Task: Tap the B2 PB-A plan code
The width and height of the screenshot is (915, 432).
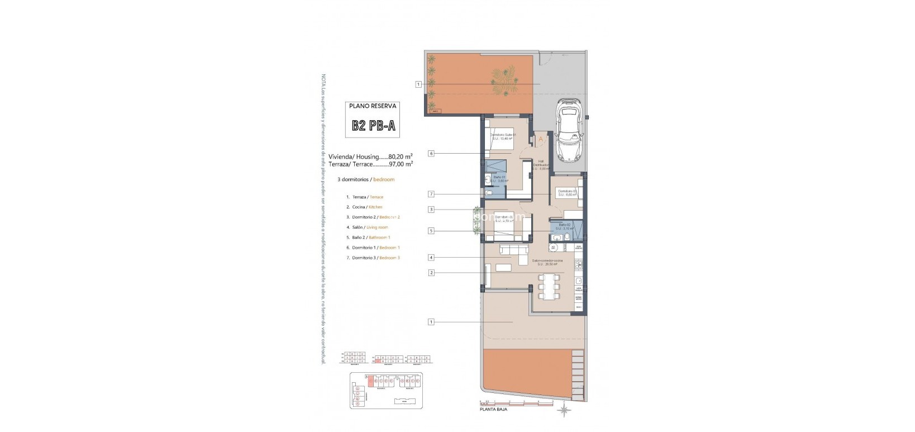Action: point(374,126)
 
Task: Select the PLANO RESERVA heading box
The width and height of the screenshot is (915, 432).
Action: point(373,105)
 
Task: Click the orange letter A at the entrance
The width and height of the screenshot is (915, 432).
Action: point(540,139)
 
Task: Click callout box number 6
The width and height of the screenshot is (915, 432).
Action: point(431,153)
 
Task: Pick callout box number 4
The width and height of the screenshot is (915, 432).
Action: point(431,258)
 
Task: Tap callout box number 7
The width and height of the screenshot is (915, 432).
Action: point(431,194)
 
